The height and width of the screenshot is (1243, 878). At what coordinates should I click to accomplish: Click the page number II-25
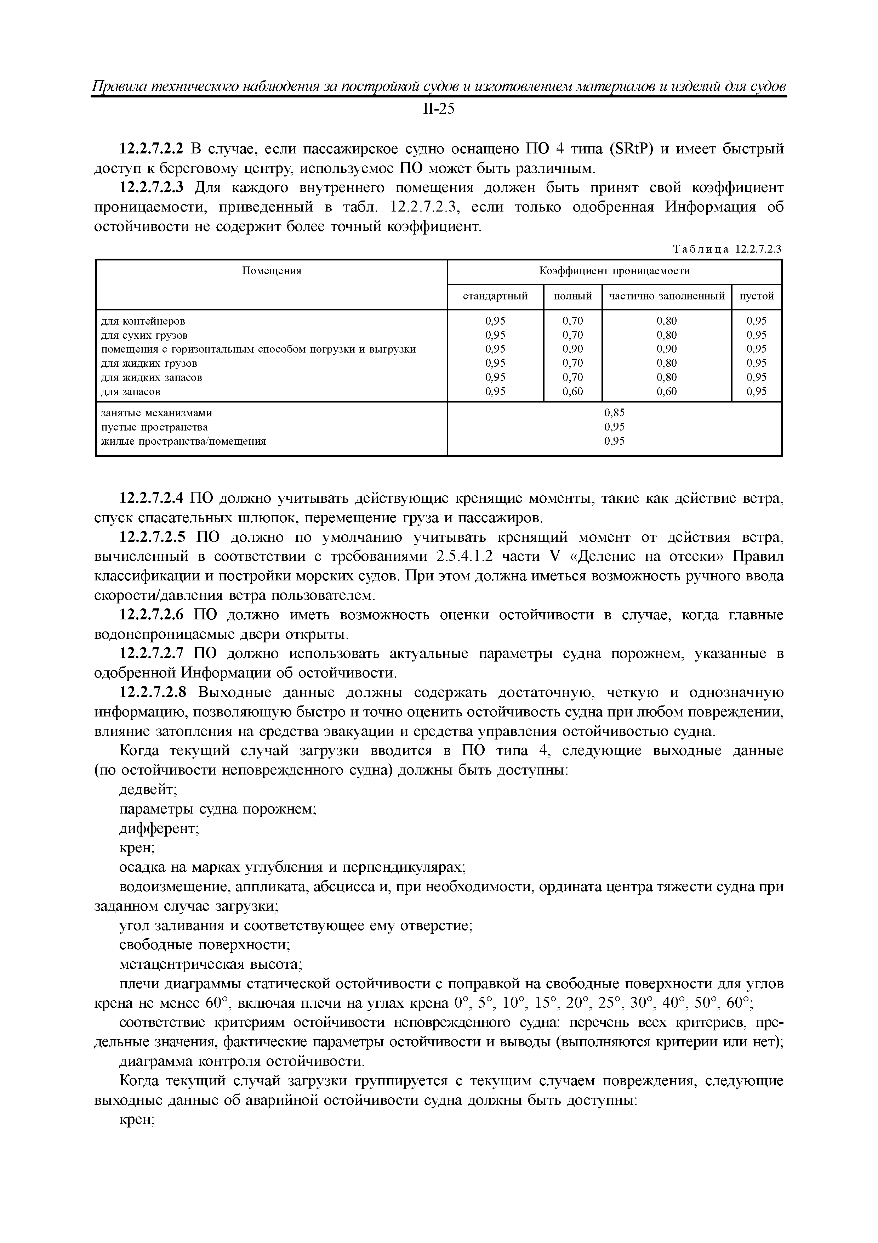[438, 109]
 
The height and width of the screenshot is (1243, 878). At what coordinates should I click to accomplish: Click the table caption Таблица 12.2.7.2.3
[727, 249]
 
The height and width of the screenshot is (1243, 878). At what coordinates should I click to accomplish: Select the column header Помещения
[271, 271]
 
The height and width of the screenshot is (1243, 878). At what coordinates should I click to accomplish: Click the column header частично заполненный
[667, 296]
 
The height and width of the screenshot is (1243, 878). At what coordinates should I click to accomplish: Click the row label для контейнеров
[143, 321]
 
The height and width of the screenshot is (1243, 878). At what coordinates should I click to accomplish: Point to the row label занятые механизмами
[157, 413]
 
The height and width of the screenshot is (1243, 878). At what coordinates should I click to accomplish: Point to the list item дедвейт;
[148, 790]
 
